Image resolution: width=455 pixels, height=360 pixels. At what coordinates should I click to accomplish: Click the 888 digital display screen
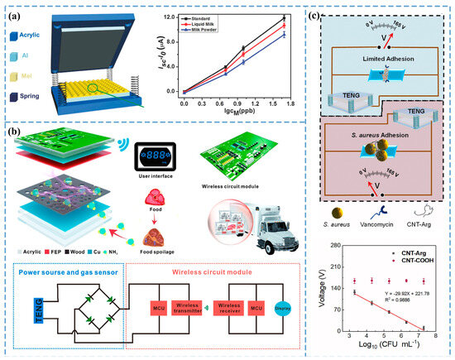pos(157,153)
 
